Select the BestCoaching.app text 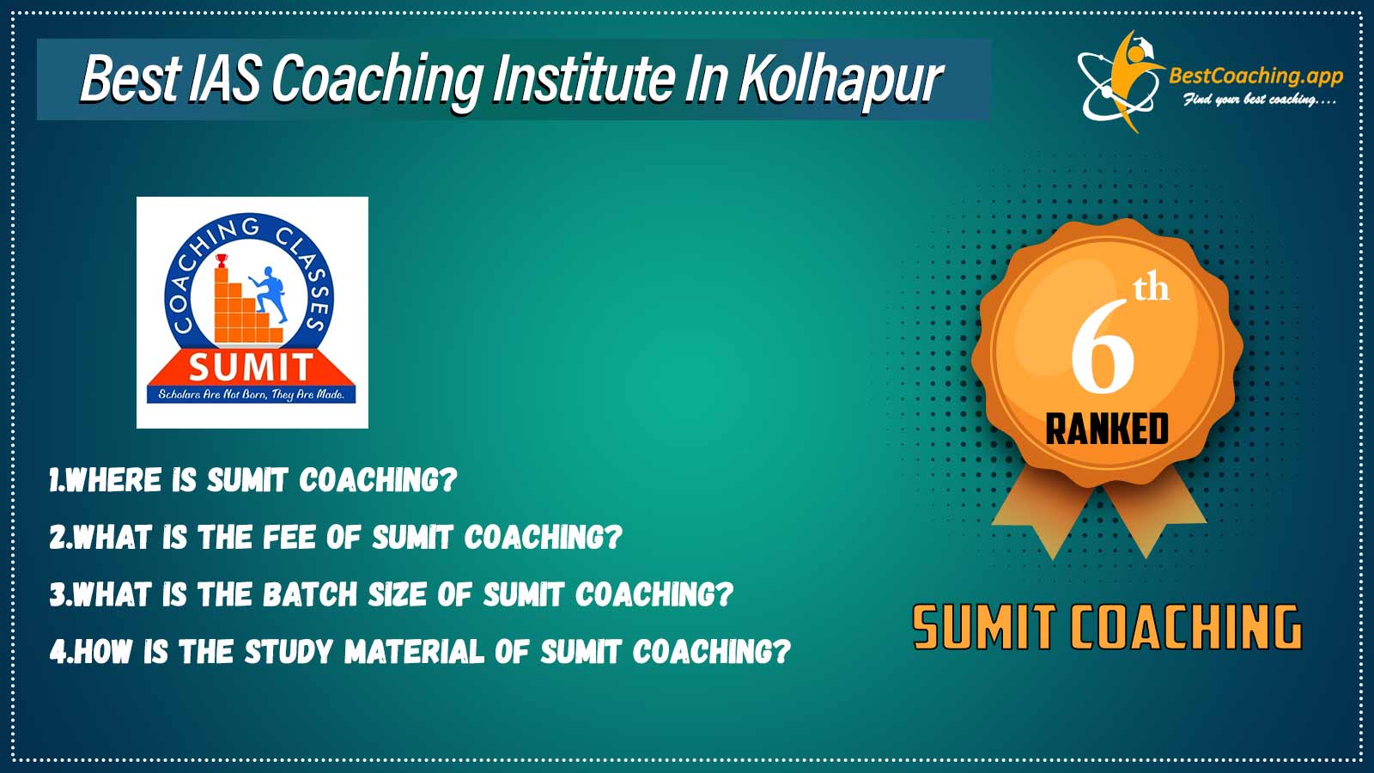[1255, 76]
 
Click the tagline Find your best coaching [1259, 100]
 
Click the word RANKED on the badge [1107, 429]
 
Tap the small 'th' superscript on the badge [1151, 289]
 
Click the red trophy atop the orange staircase [222, 261]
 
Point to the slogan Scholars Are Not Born [251, 394]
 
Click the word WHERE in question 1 [112, 480]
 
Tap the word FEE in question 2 [289, 538]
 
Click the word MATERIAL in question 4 [414, 652]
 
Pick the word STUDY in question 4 [289, 652]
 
